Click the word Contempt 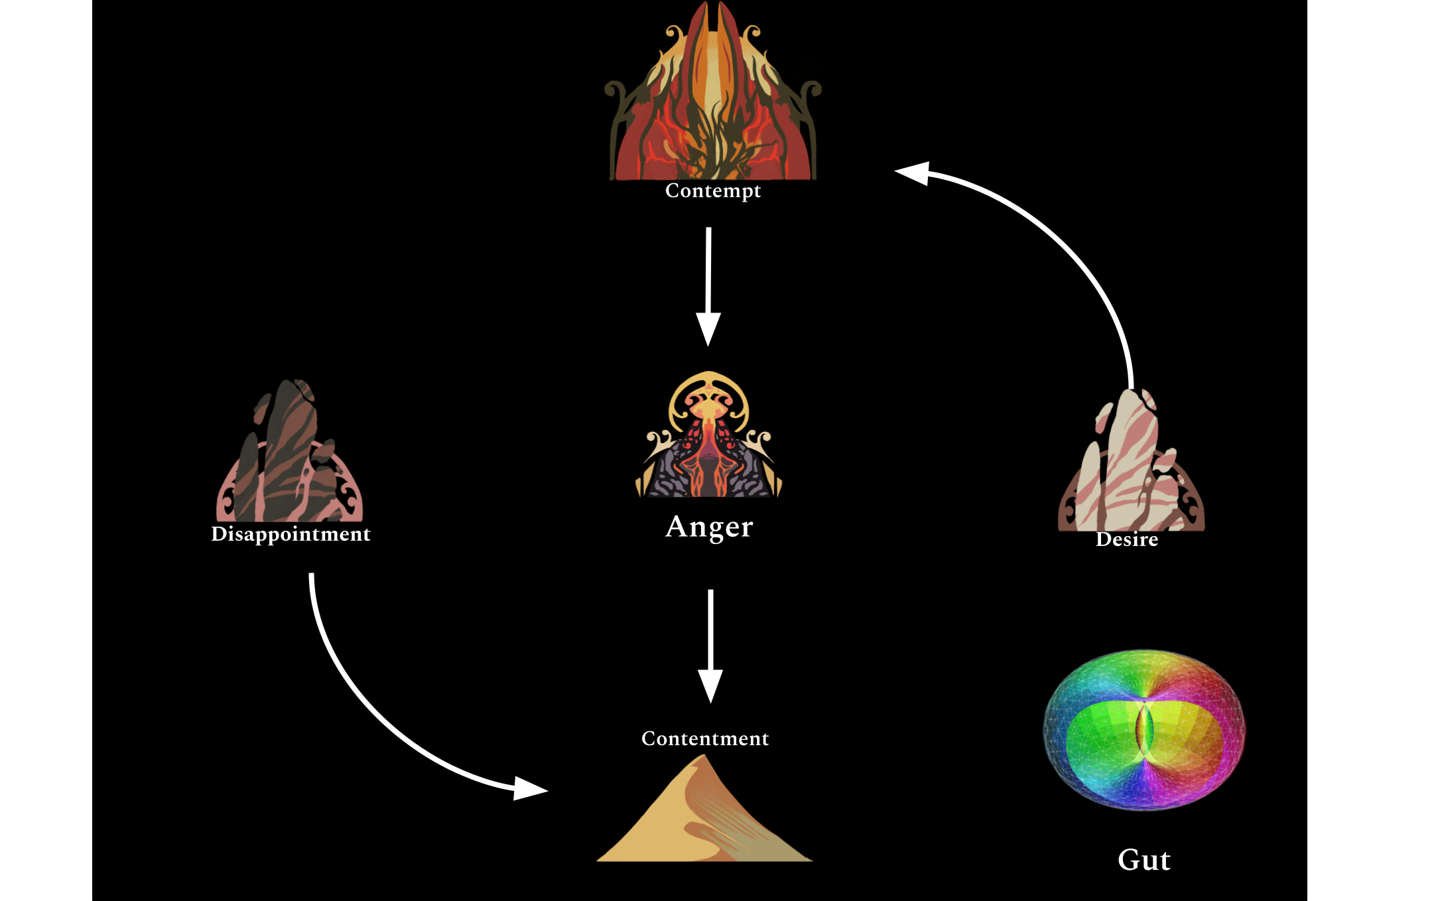pos(713,191)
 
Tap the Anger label pos(709,527)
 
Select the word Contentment pos(705,738)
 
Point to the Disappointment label pos(291,534)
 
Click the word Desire pos(1127,539)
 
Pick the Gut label pos(1144,860)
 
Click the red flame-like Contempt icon pos(713,100)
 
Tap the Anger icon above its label pos(709,438)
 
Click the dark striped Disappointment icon pos(290,458)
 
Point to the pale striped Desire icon pos(1131,464)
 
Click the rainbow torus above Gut pos(1144,730)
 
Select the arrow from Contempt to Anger pos(708,279)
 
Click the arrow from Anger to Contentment pos(710,637)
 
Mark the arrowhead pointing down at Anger pos(708,328)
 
